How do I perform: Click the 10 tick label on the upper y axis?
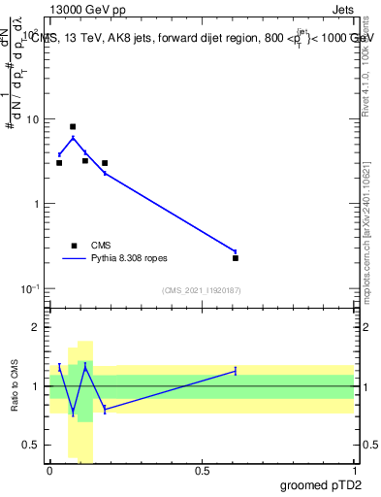click(32, 119)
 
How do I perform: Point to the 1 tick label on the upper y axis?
click(36, 204)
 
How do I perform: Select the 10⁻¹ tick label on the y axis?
click(30, 288)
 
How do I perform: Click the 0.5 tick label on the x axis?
click(202, 469)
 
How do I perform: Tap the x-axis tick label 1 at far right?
click(354, 469)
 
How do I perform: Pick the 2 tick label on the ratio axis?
click(37, 327)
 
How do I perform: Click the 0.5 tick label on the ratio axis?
click(32, 445)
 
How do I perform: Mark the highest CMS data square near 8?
click(73, 126)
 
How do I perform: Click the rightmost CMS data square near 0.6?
click(236, 258)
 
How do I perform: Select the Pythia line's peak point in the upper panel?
click(73, 138)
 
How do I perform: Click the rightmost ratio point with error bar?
click(236, 371)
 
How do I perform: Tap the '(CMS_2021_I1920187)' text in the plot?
click(201, 290)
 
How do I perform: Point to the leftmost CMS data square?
click(59, 163)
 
